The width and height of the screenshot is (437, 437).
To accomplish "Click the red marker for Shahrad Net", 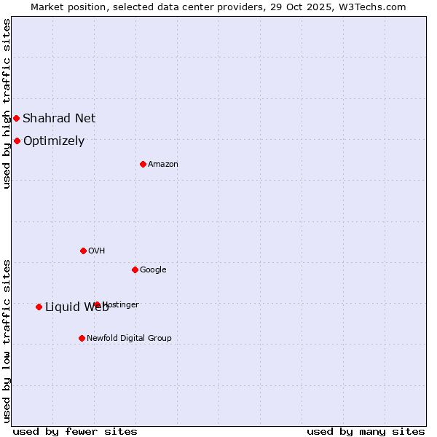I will pyautogui.click(x=16, y=118).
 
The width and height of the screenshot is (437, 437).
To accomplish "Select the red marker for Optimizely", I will pyautogui.click(x=17, y=141).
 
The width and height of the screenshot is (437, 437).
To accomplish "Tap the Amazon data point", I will pyautogui.click(x=143, y=164).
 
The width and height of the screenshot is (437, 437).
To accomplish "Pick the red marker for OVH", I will pyautogui.click(x=83, y=251).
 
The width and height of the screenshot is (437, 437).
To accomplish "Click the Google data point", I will pyautogui.click(x=135, y=269).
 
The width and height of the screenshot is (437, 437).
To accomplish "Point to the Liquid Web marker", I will pyautogui.click(x=39, y=307).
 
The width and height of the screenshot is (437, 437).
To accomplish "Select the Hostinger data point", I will pyautogui.click(x=97, y=304).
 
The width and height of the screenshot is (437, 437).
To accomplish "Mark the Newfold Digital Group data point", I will pyautogui.click(x=82, y=338).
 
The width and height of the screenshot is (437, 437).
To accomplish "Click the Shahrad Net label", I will pyautogui.click(x=59, y=118).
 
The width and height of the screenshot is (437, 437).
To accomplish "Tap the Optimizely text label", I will pyautogui.click(x=54, y=141).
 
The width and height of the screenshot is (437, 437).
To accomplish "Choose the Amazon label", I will pyautogui.click(x=163, y=164).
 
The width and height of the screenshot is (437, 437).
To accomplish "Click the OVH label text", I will pyautogui.click(x=97, y=251).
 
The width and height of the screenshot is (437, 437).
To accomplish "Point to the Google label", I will pyautogui.click(x=153, y=269).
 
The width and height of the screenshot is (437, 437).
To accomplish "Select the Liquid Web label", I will pyautogui.click(x=76, y=307).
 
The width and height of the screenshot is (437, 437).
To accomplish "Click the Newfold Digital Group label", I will pyautogui.click(x=129, y=338).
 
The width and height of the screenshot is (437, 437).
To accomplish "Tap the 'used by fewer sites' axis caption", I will pyautogui.click(x=75, y=431).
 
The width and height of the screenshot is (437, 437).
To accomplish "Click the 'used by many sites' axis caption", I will pyautogui.click(x=366, y=431).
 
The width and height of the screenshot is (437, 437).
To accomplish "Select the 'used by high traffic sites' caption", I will pyautogui.click(x=7, y=103).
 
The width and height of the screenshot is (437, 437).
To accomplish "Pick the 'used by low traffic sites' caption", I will pyautogui.click(x=7, y=341).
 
